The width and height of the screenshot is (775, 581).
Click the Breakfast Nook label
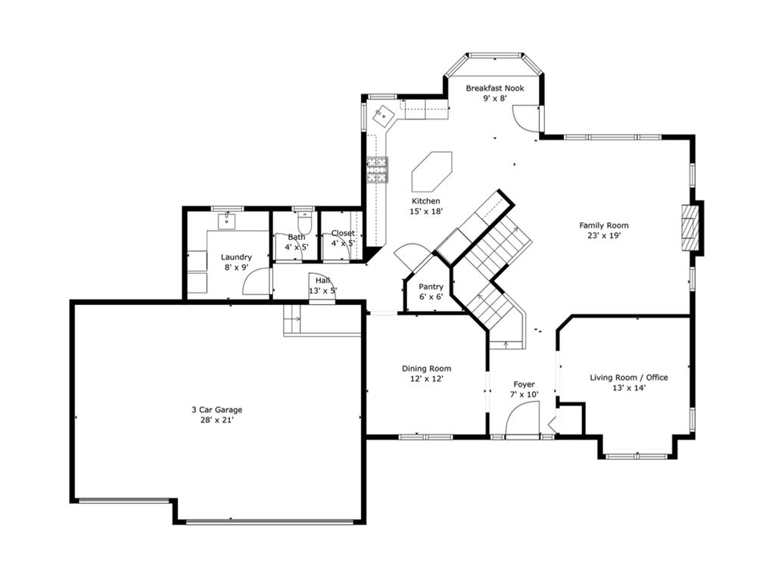click(x=495, y=89)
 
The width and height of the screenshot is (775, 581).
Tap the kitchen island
click(x=432, y=172)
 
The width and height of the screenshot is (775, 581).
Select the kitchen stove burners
click(x=377, y=170)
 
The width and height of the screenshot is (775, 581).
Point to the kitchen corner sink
click(x=384, y=116)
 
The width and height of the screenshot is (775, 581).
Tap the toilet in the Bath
click(x=304, y=224)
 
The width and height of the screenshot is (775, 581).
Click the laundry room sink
click(x=227, y=222)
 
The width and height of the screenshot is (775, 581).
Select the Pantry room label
click(x=431, y=287)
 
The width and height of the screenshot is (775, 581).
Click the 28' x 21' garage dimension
click(x=216, y=421)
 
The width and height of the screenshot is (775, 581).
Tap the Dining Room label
click(x=427, y=368)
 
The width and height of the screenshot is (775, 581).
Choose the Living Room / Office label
click(x=629, y=377)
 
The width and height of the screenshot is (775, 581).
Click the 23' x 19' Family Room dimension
click(x=604, y=236)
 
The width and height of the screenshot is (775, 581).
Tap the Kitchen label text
click(x=426, y=201)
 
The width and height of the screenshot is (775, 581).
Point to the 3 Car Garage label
click(x=217, y=409)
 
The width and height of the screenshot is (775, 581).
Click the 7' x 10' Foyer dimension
click(x=524, y=395)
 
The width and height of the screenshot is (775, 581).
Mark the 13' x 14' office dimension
click(x=629, y=388)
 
